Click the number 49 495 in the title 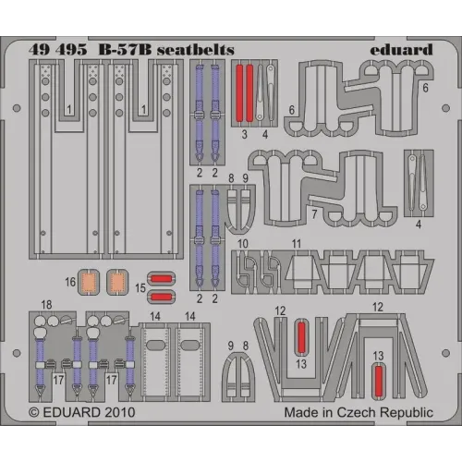coord(58,50)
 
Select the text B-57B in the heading coord(125,50)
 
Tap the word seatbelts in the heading coord(196,50)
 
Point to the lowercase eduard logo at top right coord(401,50)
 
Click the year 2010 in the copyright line coord(120,412)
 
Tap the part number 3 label coord(244,134)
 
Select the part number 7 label coord(314,213)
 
